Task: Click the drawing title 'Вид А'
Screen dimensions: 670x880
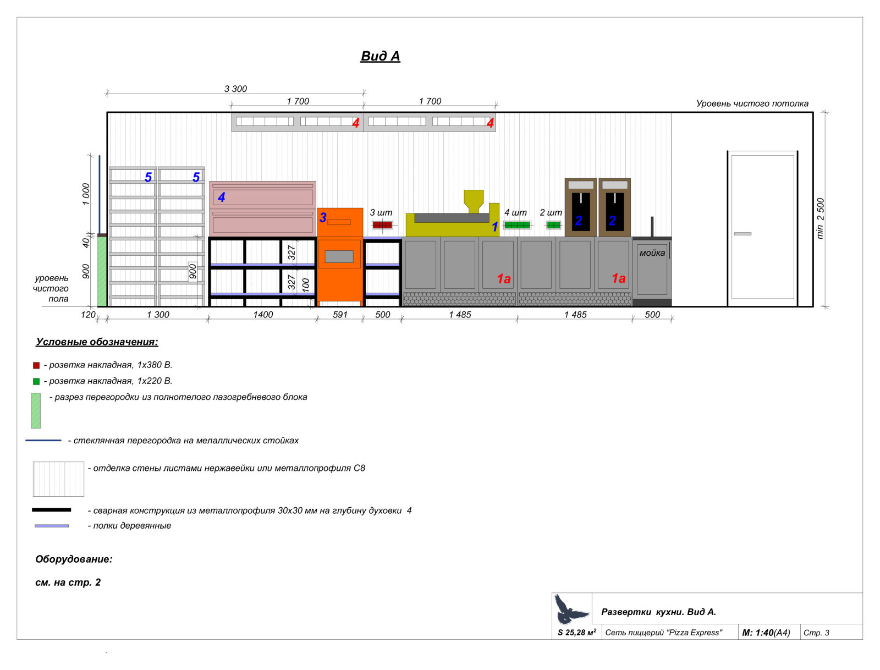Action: tap(380, 56)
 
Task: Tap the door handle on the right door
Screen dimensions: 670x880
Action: tap(742, 234)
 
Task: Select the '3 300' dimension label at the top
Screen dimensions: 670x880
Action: tap(235, 89)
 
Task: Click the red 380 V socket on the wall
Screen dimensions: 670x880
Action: tap(382, 225)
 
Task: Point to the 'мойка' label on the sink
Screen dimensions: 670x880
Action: tap(652, 253)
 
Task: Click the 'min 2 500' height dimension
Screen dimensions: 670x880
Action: tap(820, 218)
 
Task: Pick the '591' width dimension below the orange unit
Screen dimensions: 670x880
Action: tap(340, 315)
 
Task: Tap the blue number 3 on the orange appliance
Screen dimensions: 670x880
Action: tap(323, 218)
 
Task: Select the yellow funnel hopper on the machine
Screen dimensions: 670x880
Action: tap(474, 200)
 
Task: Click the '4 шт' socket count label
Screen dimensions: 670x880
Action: tap(515, 212)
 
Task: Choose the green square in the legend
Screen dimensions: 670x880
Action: tap(36, 381)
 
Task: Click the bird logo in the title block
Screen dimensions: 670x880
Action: tap(571, 609)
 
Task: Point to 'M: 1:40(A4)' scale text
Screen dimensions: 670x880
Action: tap(766, 633)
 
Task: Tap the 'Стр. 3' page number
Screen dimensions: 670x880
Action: tap(816, 633)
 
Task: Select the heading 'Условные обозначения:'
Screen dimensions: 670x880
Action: tap(97, 342)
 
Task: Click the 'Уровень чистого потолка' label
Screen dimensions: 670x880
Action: tap(752, 103)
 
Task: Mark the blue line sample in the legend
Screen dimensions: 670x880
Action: tap(43, 441)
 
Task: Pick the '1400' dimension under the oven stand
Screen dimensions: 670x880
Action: tap(263, 315)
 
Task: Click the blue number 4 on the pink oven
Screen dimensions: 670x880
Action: tap(221, 197)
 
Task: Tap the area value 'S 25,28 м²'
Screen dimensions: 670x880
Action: tap(576, 633)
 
